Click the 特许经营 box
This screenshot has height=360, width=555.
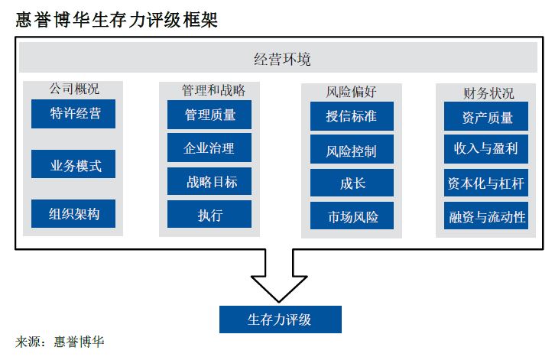pyautogui.click(x=73, y=114)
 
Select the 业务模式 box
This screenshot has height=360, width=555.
pyautogui.click(x=73, y=164)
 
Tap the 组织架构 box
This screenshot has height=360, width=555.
pyautogui.click(x=73, y=213)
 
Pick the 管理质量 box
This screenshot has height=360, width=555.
pyautogui.click(x=209, y=115)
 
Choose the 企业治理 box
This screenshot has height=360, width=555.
pyautogui.click(x=209, y=148)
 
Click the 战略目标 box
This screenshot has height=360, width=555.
pyautogui.click(x=209, y=181)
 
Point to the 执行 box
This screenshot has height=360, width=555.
pyautogui.click(x=209, y=214)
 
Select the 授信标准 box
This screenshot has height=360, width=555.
pyautogui.click(x=352, y=116)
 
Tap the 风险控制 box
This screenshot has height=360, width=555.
pyautogui.click(x=352, y=149)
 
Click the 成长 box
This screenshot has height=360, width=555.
pyautogui.click(x=352, y=183)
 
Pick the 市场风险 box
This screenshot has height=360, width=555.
pyautogui.click(x=352, y=216)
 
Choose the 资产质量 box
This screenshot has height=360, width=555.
pyautogui.click(x=486, y=116)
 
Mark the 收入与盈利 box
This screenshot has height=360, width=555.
pyautogui.click(x=486, y=149)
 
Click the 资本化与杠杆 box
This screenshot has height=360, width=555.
pyautogui.click(x=486, y=183)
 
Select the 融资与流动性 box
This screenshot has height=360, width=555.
pyautogui.click(x=486, y=216)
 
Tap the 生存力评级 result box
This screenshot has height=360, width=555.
pyautogui.click(x=281, y=319)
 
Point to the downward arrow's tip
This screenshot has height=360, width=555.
pyautogui.click(x=279, y=303)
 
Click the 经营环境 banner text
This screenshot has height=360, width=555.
pyautogui.click(x=282, y=59)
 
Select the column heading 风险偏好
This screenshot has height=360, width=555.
pyautogui.click(x=351, y=92)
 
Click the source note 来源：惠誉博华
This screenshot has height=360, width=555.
pyautogui.click(x=60, y=342)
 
